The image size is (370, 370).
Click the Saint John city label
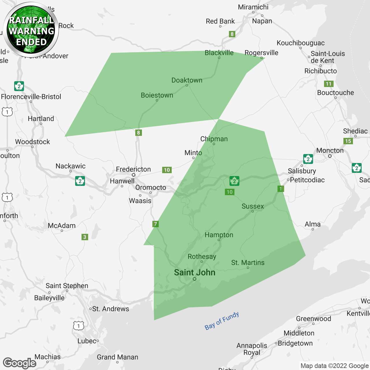195,272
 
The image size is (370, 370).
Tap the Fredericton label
133,169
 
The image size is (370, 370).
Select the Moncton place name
330,150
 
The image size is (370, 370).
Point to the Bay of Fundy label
222,321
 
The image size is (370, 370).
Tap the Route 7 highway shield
156,224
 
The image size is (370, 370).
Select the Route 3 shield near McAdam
85,237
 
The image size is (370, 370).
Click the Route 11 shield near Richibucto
329,84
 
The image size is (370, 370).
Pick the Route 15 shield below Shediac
348,141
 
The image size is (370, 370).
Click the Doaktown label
187,80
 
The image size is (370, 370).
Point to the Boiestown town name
157,95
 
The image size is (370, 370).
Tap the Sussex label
253,206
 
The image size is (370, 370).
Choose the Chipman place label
214,139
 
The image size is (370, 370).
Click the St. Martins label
248,262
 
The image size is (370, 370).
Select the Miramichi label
253,7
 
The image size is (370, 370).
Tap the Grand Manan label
117,357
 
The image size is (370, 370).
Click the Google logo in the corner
20,363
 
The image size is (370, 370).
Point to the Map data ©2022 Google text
334,366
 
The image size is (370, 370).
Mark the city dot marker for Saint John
195,279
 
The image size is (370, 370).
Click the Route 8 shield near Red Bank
232,34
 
